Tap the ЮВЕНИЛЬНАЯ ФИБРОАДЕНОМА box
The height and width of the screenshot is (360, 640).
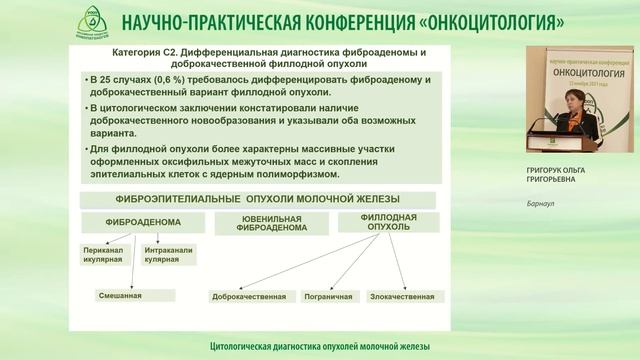point(272,222)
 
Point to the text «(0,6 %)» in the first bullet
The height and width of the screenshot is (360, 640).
point(170,77)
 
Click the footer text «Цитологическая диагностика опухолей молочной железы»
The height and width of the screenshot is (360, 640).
point(320,346)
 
